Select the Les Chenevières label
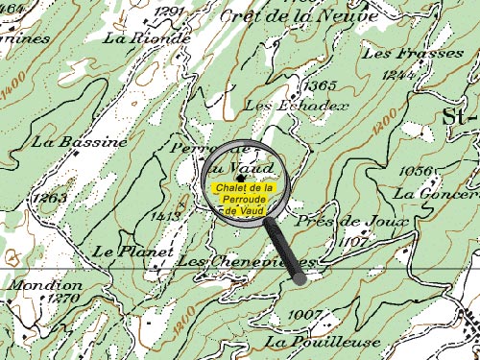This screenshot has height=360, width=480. click(x=248, y=261)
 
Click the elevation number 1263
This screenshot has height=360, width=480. click(x=49, y=198)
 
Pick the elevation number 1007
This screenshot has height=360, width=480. click(x=304, y=315)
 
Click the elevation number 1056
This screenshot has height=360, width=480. click(x=415, y=171)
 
